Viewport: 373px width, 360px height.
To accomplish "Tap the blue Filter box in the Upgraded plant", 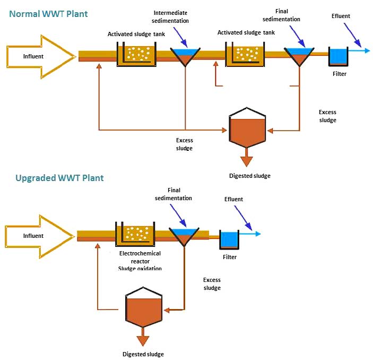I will click(229, 239).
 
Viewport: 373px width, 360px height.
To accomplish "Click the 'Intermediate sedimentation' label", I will click(171, 16).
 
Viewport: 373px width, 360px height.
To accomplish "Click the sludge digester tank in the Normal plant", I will click(247, 131).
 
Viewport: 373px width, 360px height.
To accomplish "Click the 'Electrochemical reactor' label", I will click(140, 253).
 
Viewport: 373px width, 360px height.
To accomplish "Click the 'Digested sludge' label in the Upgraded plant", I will click(143, 354).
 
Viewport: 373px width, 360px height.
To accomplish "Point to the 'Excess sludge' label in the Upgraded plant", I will click(212, 284).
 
